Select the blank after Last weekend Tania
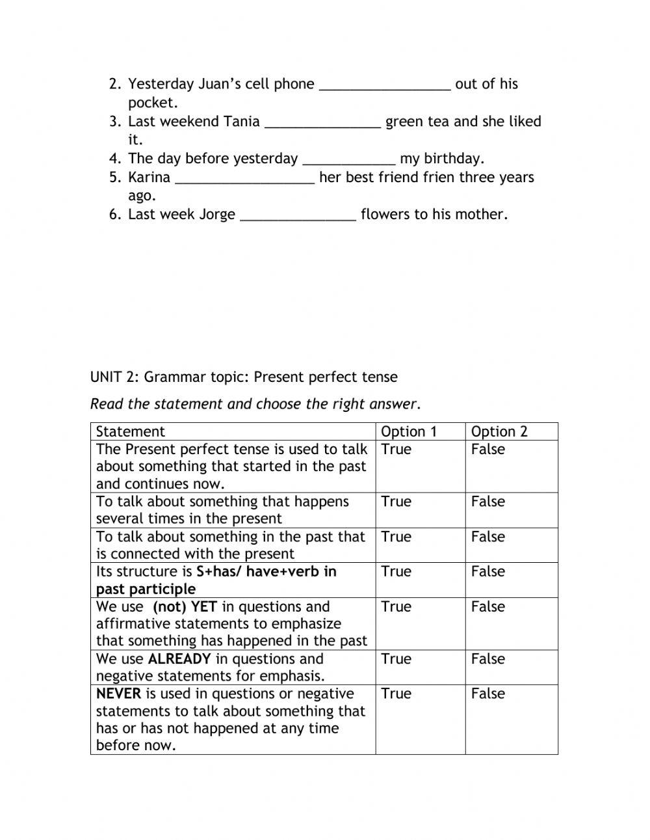322,123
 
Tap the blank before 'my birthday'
349,160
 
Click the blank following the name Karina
245,179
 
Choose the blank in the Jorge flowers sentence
298,216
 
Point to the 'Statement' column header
131,431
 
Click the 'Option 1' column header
409,431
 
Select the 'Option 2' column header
499,431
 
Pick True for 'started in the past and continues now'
396,449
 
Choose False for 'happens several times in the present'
487,502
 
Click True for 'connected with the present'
396,537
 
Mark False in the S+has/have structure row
487,571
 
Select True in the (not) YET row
396,606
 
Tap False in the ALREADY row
487,658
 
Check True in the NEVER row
396,694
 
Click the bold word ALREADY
179,658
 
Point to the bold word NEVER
118,694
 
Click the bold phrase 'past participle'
146,589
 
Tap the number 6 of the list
114,215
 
